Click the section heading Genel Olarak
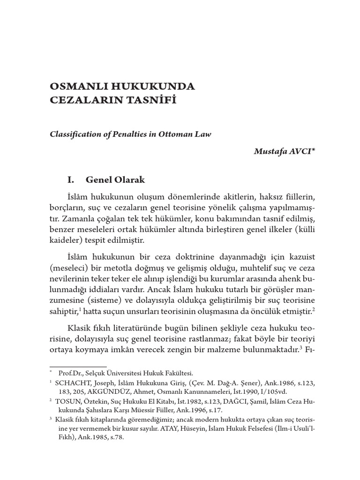click(x=116, y=180)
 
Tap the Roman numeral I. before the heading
click(x=71, y=180)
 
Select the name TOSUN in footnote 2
click(x=72, y=401)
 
